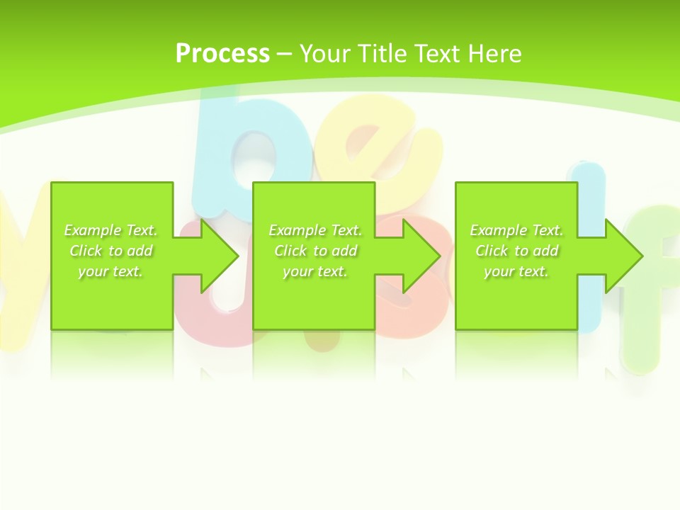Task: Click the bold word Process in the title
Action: coord(222,54)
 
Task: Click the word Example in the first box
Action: coord(93,230)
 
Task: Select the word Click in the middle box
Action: coord(290,251)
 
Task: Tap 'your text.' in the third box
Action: coord(516,271)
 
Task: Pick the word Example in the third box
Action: coord(499,230)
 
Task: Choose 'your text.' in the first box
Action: coord(110,271)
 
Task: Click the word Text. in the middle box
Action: coord(346,230)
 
